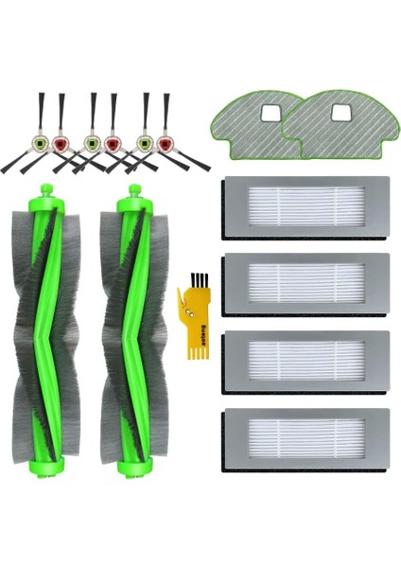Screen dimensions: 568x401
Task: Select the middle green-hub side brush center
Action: coord(91,145)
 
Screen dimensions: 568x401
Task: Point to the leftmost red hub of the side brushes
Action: coord(61,145)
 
